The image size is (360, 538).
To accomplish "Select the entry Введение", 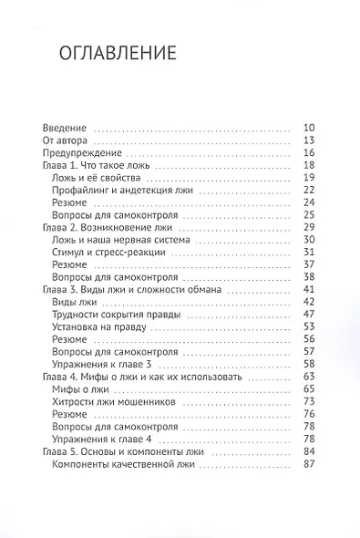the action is (x=65, y=127).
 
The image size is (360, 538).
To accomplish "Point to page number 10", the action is (x=308, y=127).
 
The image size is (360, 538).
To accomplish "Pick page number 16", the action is (x=308, y=155).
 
